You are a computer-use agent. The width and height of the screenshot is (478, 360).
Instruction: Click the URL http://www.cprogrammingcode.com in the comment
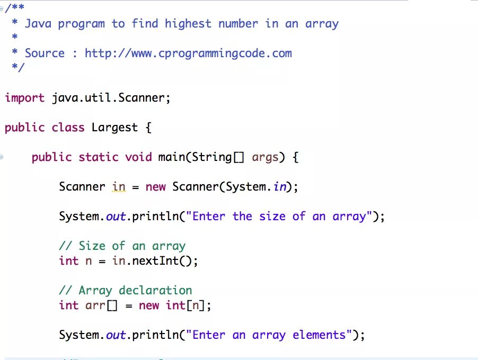(x=188, y=53)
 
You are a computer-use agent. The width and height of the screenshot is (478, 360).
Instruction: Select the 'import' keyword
(x=25, y=98)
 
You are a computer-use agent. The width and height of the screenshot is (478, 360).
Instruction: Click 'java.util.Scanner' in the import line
(x=111, y=98)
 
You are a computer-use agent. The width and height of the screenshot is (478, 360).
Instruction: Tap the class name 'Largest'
(x=114, y=128)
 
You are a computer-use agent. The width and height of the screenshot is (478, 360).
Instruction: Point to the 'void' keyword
(x=138, y=157)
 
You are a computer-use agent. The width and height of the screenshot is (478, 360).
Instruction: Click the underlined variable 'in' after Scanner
(x=119, y=187)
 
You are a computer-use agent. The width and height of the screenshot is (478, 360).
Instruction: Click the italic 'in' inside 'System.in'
(x=279, y=187)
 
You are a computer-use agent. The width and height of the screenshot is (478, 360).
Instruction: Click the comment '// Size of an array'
(x=122, y=246)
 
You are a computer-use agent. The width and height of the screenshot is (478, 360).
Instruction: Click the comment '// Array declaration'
(x=125, y=291)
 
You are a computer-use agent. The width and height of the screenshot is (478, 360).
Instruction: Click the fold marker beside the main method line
(x=2, y=157)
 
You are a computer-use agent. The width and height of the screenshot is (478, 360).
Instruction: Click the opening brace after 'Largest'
(x=148, y=128)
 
